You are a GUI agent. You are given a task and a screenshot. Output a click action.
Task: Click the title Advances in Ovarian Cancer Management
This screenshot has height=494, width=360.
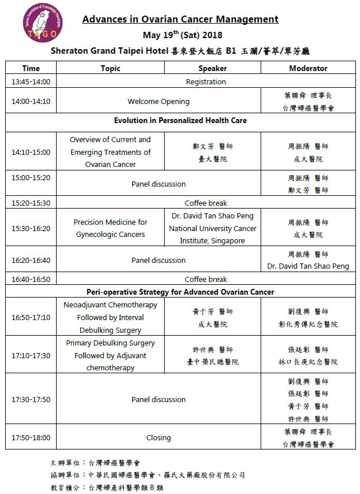click(180, 19)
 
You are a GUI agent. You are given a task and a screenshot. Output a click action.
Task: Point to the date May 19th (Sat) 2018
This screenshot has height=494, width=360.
click(180, 35)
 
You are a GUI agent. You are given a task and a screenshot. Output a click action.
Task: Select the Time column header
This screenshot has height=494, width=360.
click(31, 68)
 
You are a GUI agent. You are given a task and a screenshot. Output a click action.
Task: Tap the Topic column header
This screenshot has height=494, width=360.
click(110, 68)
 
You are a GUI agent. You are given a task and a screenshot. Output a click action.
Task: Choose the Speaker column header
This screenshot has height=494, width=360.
click(212, 68)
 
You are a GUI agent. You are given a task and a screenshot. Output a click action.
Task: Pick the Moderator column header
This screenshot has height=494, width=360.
click(308, 68)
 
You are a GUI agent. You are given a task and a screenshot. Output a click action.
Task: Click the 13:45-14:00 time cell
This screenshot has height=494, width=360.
click(31, 81)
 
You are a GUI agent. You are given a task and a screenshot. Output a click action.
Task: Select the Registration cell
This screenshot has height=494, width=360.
click(206, 81)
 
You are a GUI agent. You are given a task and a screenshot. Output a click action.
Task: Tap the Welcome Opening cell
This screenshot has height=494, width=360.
click(158, 101)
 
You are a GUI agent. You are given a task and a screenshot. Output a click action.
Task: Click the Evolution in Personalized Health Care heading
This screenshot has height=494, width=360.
click(180, 121)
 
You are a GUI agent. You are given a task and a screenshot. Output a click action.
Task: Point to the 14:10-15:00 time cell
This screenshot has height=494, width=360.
click(31, 153)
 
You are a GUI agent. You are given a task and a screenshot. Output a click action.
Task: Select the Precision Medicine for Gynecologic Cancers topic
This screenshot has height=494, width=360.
click(110, 228)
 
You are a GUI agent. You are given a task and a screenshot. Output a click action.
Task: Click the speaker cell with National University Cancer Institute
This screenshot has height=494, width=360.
click(212, 228)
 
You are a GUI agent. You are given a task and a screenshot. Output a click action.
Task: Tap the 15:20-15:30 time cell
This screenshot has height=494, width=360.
click(31, 203)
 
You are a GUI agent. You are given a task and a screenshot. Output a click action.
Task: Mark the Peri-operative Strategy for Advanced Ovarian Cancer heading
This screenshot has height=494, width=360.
click(180, 292)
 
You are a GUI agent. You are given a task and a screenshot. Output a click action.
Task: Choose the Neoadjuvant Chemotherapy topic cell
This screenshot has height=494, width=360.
click(110, 317)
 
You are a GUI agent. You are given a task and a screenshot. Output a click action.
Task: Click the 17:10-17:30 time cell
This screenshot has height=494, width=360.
click(31, 355)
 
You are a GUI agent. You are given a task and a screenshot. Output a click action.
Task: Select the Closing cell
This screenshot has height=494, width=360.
click(158, 437)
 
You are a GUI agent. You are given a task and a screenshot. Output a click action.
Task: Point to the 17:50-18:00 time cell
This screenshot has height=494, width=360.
click(31, 437)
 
